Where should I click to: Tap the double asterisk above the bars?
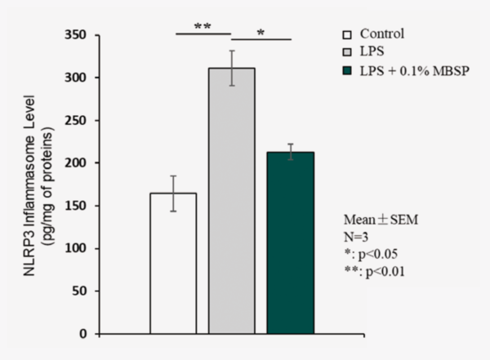pos(203,26)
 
